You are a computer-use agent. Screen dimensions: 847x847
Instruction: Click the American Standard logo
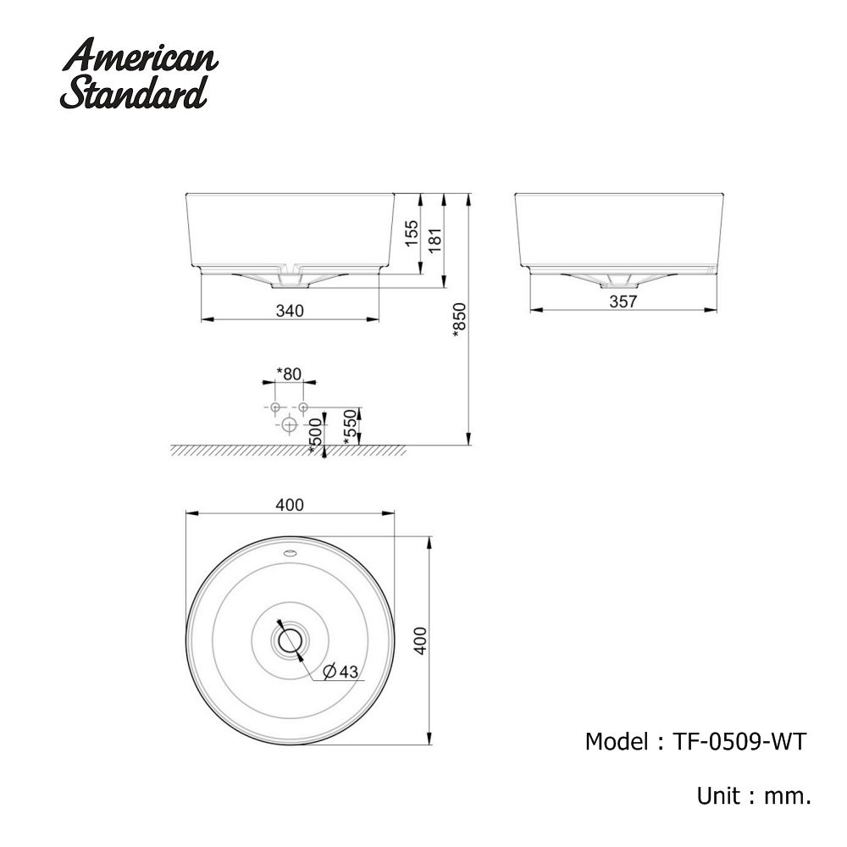click(x=140, y=73)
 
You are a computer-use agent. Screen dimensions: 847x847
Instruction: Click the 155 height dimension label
click(x=412, y=233)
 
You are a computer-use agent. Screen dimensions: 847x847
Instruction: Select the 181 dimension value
click(x=435, y=240)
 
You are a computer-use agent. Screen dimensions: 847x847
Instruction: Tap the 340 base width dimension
click(x=290, y=311)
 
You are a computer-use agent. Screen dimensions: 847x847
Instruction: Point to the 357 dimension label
click(x=623, y=302)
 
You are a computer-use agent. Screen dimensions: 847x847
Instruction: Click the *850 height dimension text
click(x=459, y=320)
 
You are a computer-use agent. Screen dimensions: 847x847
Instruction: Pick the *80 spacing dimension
click(x=289, y=374)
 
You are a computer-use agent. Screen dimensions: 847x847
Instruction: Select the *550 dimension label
click(x=351, y=427)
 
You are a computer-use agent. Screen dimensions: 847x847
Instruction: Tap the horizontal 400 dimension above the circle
click(x=290, y=505)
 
